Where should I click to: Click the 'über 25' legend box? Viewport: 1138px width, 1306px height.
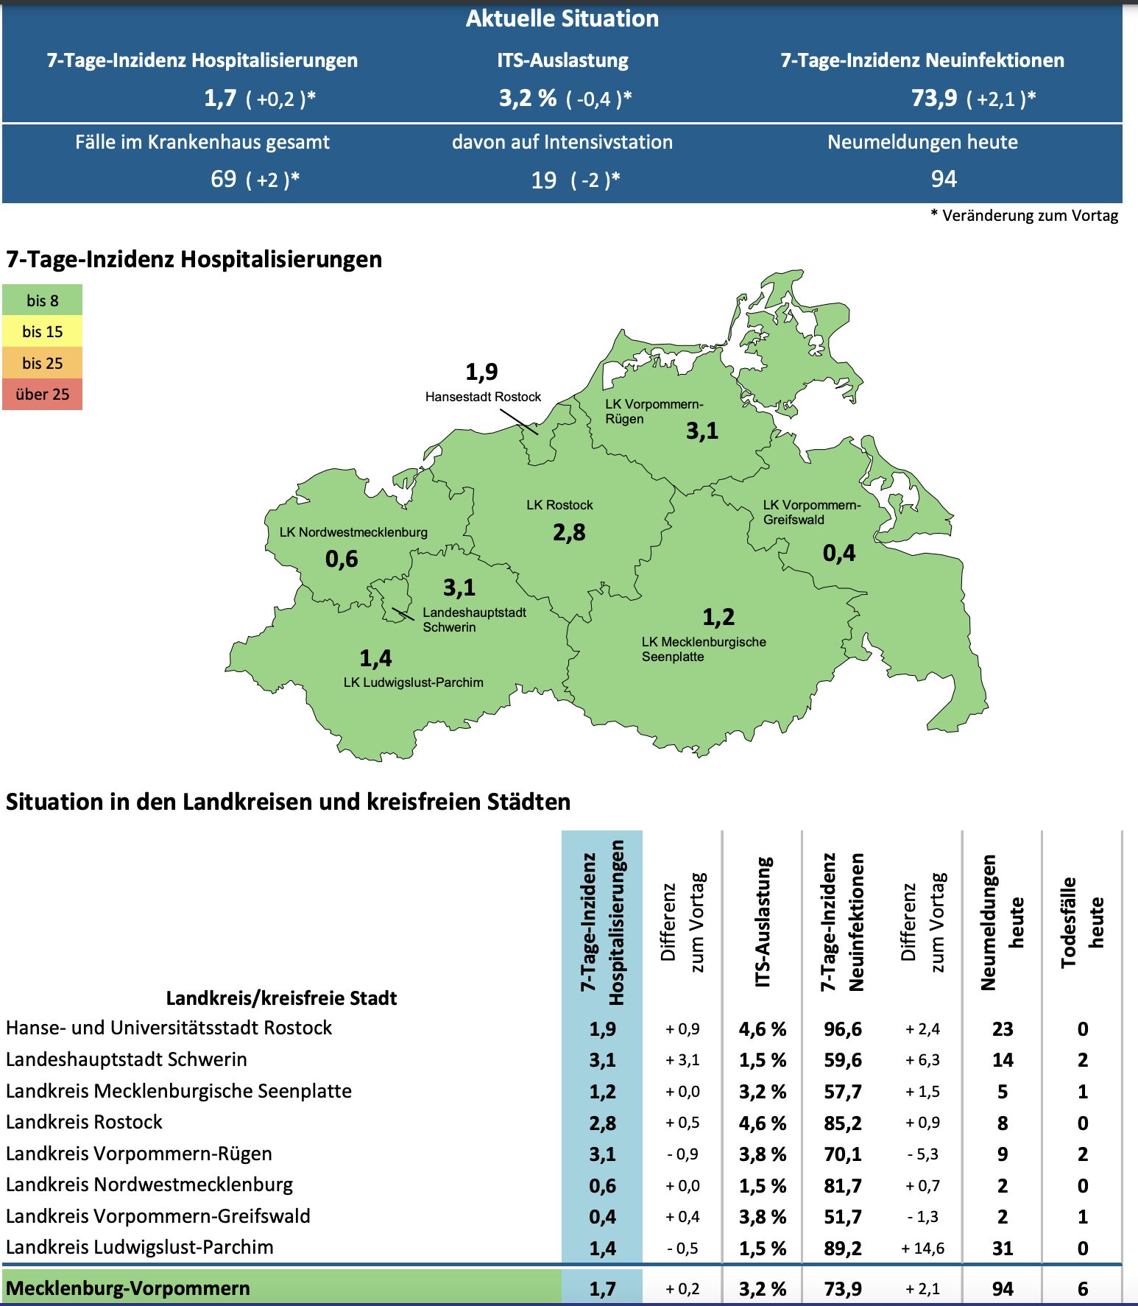[42, 395]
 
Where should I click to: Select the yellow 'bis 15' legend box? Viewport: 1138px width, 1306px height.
[42, 332]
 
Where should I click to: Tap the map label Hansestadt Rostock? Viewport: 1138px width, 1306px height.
[483, 397]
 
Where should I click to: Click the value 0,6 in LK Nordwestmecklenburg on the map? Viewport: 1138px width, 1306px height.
[342, 560]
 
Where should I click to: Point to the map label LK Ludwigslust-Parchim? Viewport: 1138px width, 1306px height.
[413, 682]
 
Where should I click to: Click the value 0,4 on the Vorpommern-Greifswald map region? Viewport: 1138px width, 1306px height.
[839, 554]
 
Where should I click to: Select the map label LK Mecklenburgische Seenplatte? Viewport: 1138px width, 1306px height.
[703, 649]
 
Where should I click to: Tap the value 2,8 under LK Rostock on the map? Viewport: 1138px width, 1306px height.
[569, 533]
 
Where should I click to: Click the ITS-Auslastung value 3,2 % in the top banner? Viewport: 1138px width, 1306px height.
[528, 98]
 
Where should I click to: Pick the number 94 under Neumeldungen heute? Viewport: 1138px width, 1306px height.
[944, 179]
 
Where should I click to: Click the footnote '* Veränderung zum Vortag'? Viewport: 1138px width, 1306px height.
[1024, 216]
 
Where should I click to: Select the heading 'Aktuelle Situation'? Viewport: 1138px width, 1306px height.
[562, 19]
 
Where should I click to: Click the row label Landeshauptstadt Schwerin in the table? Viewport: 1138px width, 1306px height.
[127, 1059]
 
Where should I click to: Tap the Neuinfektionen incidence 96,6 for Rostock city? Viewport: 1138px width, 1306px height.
[843, 1029]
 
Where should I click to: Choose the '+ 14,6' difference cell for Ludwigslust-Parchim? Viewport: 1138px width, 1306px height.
[922, 1249]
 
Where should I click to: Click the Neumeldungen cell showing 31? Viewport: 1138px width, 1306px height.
[1003, 1249]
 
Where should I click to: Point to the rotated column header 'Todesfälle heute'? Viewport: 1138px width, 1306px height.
[1082, 922]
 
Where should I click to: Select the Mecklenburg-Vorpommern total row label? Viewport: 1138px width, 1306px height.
[128, 1288]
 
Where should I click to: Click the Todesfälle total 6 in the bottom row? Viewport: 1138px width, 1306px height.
[1083, 1289]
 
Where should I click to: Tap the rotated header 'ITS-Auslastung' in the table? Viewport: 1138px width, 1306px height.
[763, 921]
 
